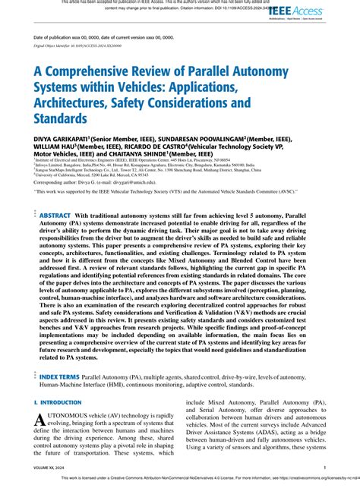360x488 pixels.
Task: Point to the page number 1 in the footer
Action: point(325,468)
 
